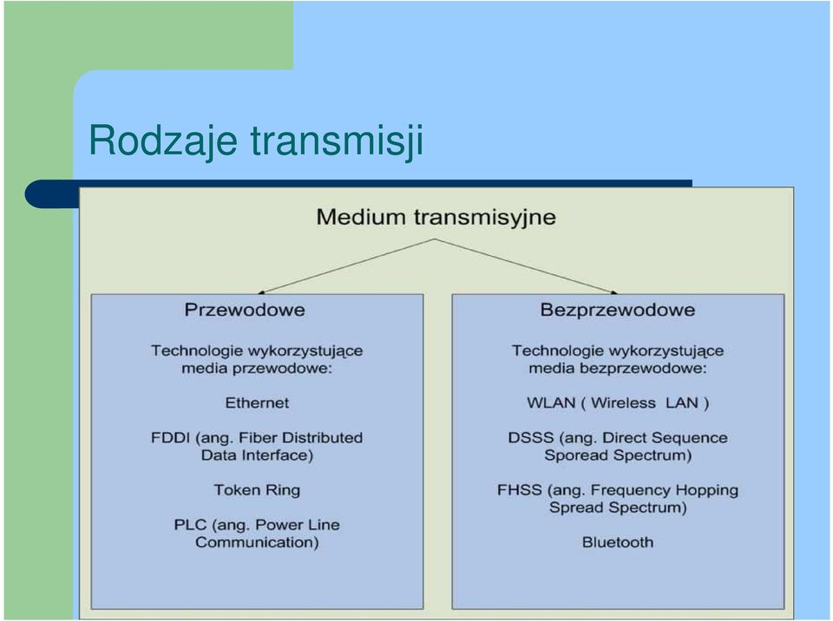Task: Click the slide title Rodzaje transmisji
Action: click(x=256, y=141)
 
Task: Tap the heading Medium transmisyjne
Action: click(x=436, y=218)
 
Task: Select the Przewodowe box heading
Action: click(x=245, y=310)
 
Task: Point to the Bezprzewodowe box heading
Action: click(x=618, y=310)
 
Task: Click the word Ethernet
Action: click(x=257, y=402)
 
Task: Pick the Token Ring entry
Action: click(x=257, y=490)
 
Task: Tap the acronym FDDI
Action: click(x=170, y=438)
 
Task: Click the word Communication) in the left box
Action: click(x=257, y=542)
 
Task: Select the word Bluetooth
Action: click(x=618, y=542)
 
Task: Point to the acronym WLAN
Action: click(x=551, y=402)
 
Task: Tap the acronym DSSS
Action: click(x=531, y=438)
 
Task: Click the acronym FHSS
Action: click(x=520, y=490)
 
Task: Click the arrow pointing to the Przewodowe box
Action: click(x=346, y=266)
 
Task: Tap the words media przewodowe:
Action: click(x=257, y=368)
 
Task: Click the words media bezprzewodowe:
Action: click(x=618, y=368)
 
